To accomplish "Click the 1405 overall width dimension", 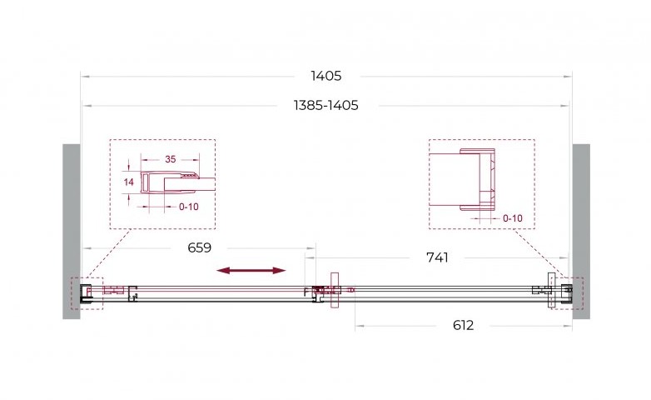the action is click(x=325, y=76).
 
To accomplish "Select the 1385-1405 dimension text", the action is click(x=325, y=106).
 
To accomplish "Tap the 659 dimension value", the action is click(x=199, y=247).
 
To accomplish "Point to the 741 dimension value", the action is click(x=437, y=257).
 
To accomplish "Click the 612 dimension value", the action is click(x=463, y=325).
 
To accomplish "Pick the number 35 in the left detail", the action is click(x=170, y=159).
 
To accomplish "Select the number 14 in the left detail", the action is click(x=129, y=182).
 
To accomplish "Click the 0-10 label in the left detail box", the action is click(x=188, y=207).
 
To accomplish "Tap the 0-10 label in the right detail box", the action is click(x=512, y=218).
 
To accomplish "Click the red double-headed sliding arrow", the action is click(x=251, y=271).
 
